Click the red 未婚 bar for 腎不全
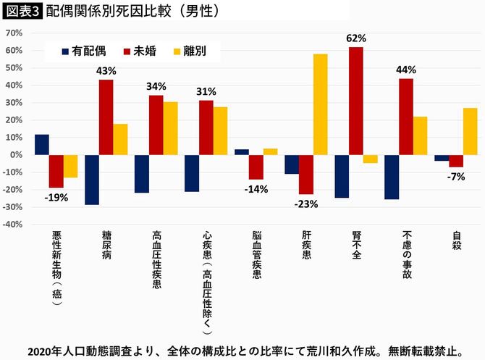click(355, 101)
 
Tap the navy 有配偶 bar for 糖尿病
click(92, 180)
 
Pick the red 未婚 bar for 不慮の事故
click(405, 117)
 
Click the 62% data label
click(356, 38)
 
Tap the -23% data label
click(306, 204)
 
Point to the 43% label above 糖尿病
click(106, 71)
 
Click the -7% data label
click(456, 177)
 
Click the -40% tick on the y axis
click(12, 225)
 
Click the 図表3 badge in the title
click(22, 12)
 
